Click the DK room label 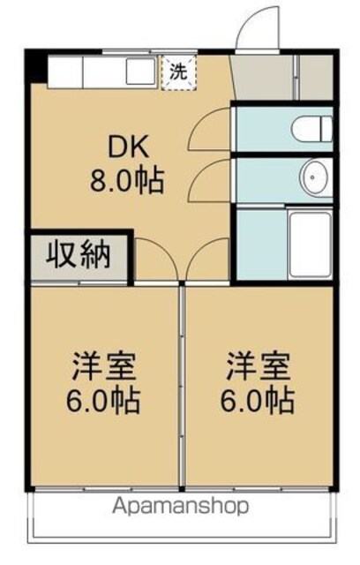129,147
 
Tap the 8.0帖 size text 127,179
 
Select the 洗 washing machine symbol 178,72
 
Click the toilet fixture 311,129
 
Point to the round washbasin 314,177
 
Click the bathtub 311,245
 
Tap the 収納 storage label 78,255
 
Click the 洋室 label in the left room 103,366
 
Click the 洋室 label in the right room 258,366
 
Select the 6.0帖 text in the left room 103,400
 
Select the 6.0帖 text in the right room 258,400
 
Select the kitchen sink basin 141,71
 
